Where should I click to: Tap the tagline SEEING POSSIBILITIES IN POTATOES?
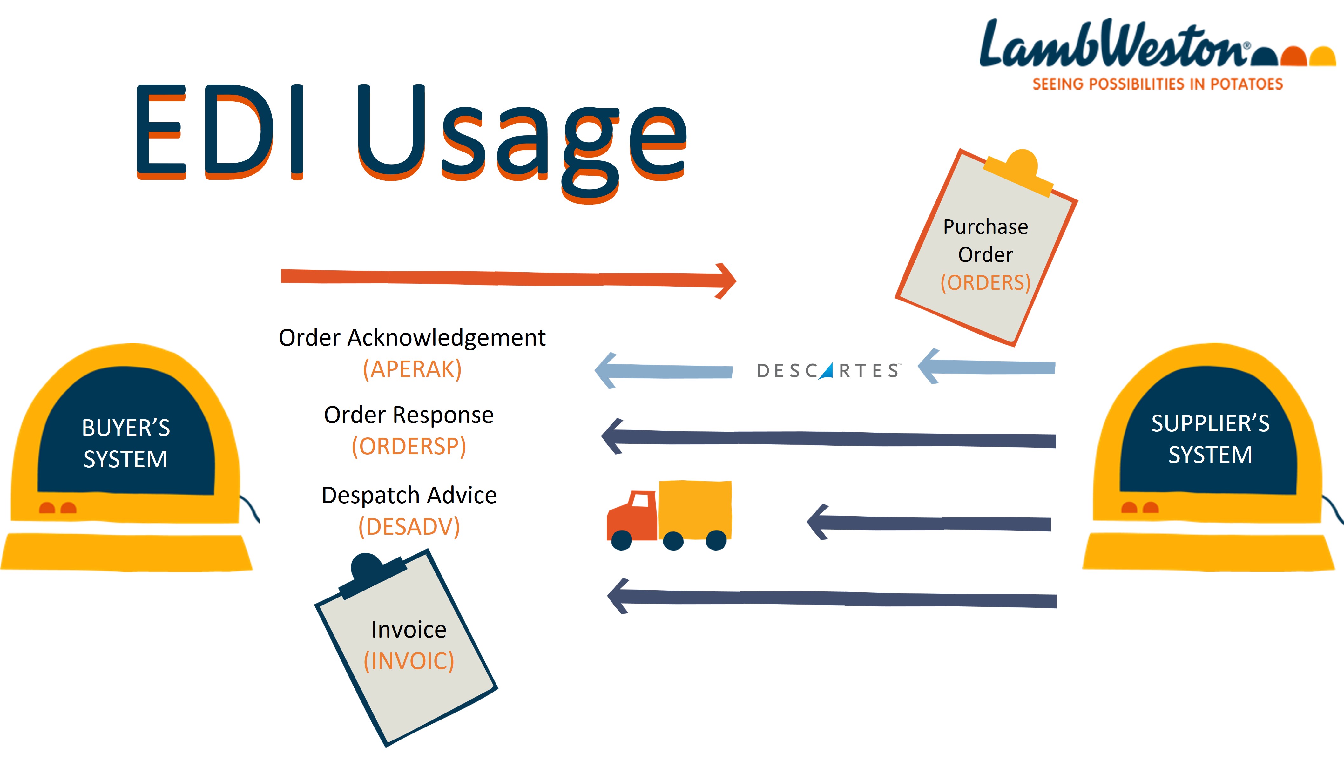tap(1157, 84)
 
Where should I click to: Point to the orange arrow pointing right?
tap(506, 278)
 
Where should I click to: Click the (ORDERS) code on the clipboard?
tap(985, 283)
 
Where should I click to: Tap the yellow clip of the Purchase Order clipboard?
tap(1020, 172)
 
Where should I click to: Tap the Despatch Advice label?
tap(409, 495)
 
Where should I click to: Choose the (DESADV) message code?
tap(409, 526)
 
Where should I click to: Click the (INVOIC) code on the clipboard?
tap(409, 661)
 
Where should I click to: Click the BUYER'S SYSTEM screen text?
tap(126, 443)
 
